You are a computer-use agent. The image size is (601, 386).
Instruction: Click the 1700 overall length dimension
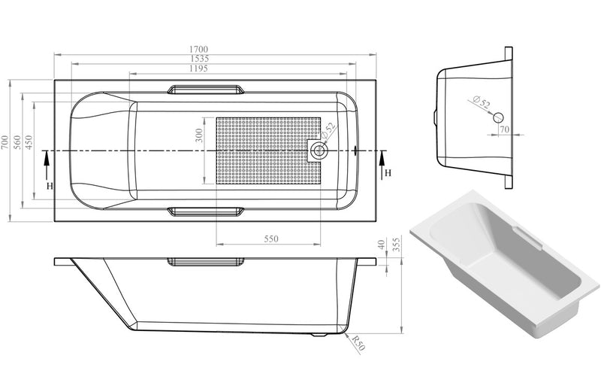[x=198, y=49]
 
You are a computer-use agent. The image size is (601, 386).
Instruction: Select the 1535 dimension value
[x=199, y=59]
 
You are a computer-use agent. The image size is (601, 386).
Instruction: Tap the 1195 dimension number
[x=198, y=68]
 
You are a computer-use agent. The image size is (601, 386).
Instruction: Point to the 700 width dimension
[x=5, y=142]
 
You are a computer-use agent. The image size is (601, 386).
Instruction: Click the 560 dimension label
[x=17, y=142]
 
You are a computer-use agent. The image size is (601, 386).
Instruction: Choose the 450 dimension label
[x=29, y=142]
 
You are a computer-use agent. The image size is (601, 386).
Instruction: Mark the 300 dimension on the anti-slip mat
[x=199, y=135]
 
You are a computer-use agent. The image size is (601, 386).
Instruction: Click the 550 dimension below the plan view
[x=271, y=239]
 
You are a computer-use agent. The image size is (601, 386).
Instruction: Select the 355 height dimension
[x=397, y=245]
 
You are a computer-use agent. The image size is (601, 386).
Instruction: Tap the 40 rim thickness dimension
[x=381, y=245]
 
